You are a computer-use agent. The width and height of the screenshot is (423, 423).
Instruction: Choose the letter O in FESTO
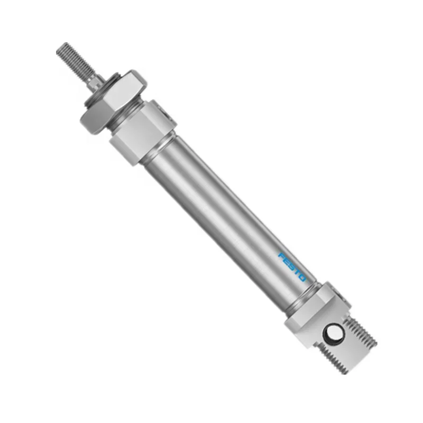point(303,285)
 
